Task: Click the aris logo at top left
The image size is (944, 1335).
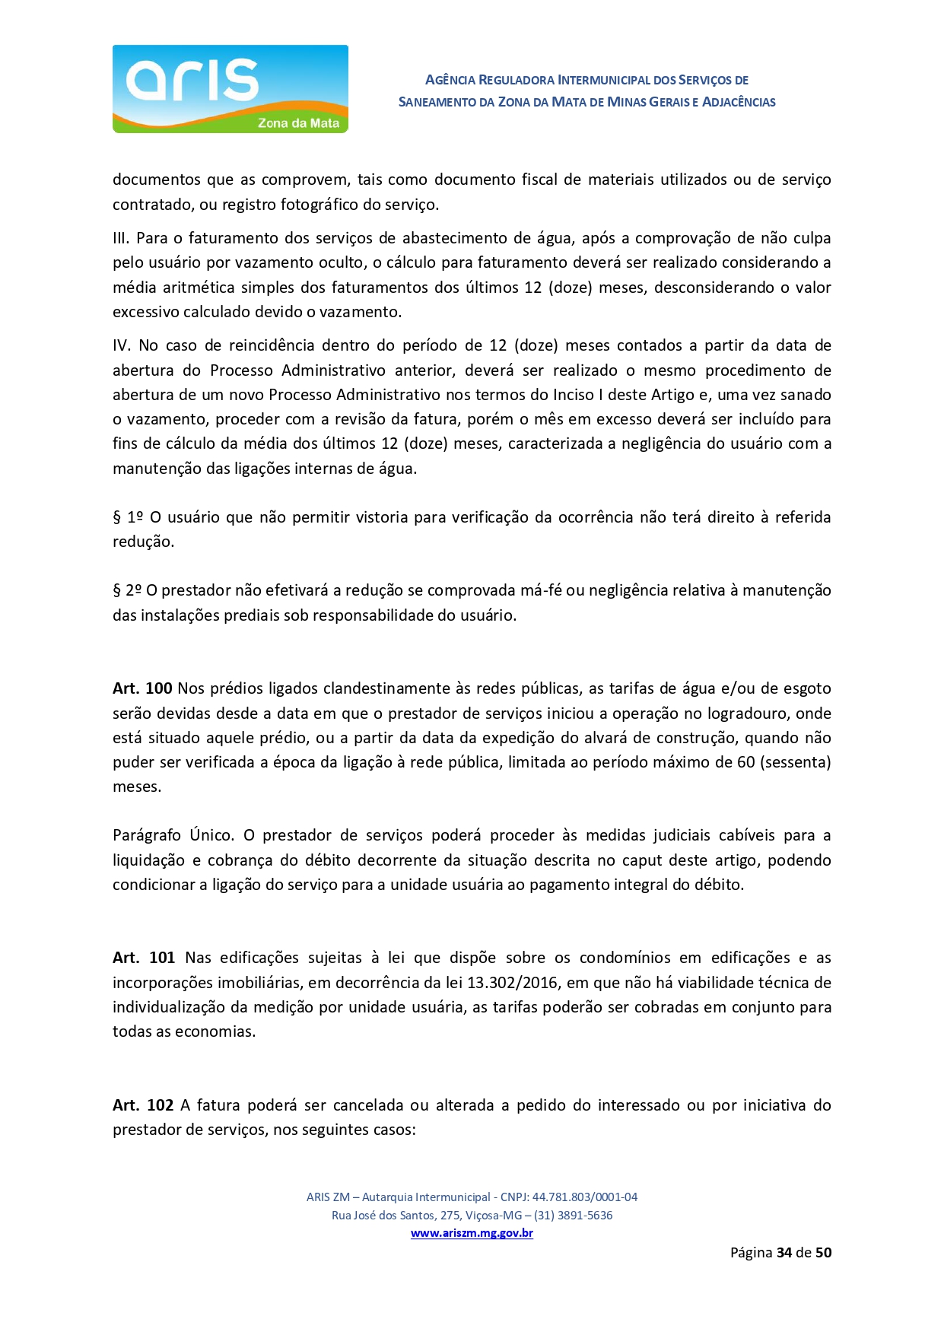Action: pyautogui.click(x=230, y=88)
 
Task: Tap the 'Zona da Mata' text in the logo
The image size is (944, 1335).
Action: pyautogui.click(x=298, y=123)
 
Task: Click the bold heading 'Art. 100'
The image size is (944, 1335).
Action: pyautogui.click(x=142, y=688)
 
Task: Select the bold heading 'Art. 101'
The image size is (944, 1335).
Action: pyautogui.click(x=144, y=958)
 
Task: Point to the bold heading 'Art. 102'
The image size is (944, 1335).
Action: pyautogui.click(x=143, y=1105)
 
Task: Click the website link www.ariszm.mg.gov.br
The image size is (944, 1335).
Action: pyautogui.click(x=472, y=1233)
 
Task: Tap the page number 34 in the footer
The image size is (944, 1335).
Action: pyautogui.click(x=784, y=1252)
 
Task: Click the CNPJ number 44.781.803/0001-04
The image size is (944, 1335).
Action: pyautogui.click(x=584, y=1197)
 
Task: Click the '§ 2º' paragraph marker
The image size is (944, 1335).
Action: pyautogui.click(x=127, y=590)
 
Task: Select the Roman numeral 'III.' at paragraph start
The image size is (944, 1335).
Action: pyautogui.click(x=121, y=238)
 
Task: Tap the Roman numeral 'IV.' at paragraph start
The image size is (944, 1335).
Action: pyautogui.click(x=122, y=345)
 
